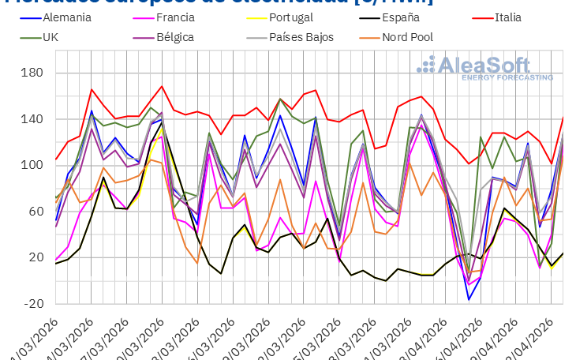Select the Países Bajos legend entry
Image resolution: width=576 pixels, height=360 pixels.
[301, 37]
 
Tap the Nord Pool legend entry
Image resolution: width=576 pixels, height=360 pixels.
[407, 37]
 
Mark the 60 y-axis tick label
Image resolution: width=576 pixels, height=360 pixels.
[35, 212]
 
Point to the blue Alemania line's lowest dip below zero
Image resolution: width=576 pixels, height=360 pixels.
[469, 299]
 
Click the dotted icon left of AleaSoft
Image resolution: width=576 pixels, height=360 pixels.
[426, 66]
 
